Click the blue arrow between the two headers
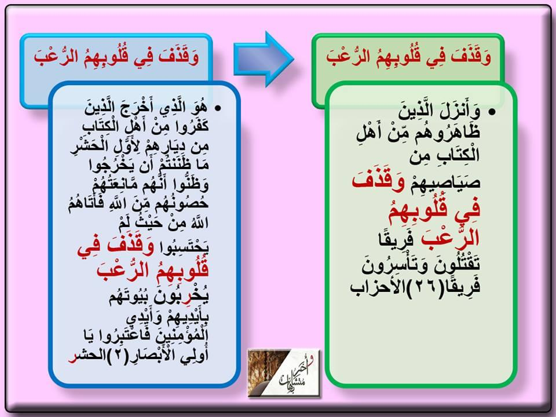[x=264, y=59]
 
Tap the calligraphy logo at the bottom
[x=284, y=372]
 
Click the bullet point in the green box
[x=492, y=112]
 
